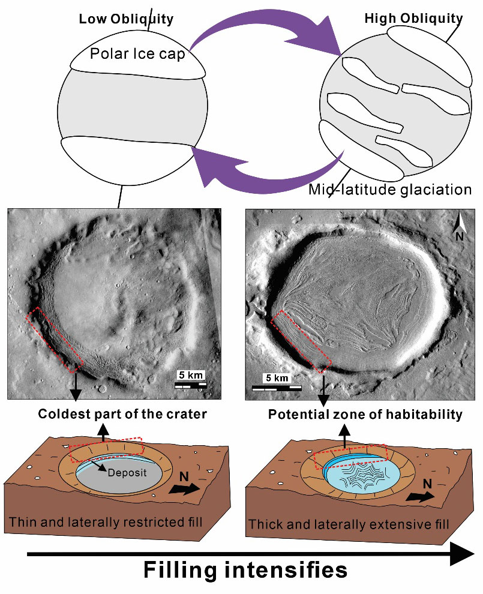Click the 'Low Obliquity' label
[126, 19]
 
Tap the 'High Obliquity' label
[413, 18]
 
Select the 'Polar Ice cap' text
[137, 54]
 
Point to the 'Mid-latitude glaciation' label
[390, 189]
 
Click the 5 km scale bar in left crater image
[191, 385]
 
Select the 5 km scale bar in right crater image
[277, 388]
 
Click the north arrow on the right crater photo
[459, 227]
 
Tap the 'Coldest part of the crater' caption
[122, 413]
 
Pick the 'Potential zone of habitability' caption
[365, 414]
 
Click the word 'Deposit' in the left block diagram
[127, 472]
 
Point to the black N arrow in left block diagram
[184, 488]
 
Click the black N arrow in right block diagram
[421, 496]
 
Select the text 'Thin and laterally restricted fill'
[106, 521]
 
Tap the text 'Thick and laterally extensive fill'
[349, 524]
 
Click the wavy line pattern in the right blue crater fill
[362, 475]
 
